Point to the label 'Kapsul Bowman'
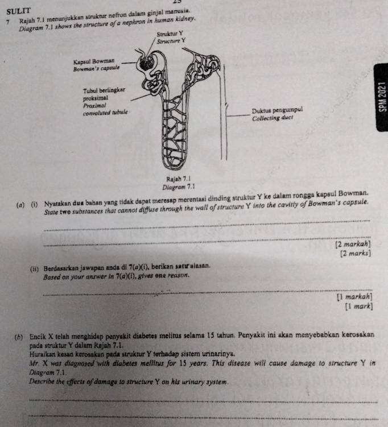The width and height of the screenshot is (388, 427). [x=93, y=60]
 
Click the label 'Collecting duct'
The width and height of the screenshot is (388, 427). [x=273, y=118]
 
